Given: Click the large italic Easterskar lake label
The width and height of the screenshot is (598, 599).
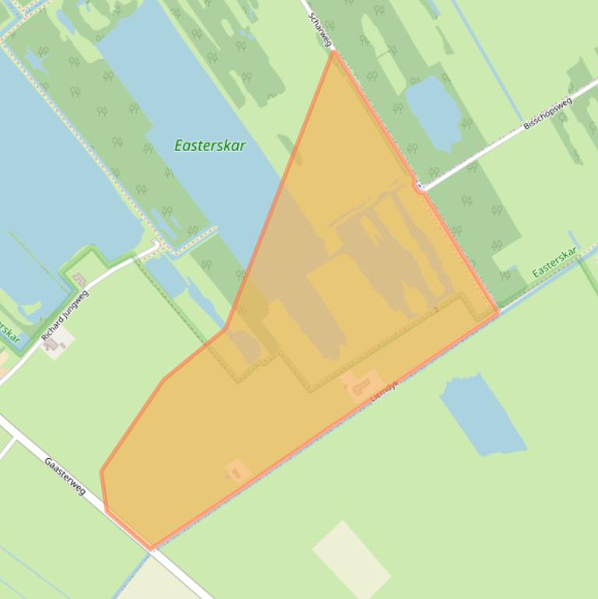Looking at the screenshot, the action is point(210,145).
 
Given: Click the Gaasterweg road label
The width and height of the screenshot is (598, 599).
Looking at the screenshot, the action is point(65,475).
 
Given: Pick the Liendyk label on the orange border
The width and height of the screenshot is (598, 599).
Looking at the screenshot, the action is point(384,390).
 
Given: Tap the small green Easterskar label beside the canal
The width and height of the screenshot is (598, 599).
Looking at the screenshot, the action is point(554,262).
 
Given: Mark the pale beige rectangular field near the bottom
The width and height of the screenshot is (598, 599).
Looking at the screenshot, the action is point(351,559).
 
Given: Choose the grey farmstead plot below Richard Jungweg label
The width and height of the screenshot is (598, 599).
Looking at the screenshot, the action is point(55,342).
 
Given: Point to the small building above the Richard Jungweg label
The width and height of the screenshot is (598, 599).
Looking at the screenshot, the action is point(79,279).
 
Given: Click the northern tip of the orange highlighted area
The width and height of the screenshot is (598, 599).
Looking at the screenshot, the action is point(333,52).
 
